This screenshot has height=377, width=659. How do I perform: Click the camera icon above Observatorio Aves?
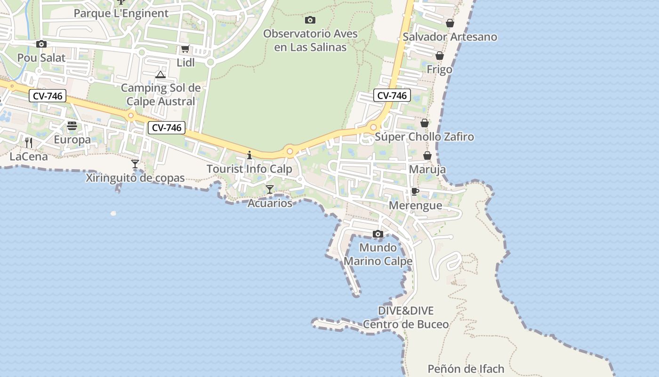point(310,20)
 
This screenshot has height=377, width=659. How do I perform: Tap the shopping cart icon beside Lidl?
point(185,49)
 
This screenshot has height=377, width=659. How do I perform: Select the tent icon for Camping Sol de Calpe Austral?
point(161,74)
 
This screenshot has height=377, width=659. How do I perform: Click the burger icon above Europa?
point(72,126)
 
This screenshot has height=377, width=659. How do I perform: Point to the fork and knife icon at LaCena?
point(29,142)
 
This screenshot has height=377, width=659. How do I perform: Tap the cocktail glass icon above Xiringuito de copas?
point(135,164)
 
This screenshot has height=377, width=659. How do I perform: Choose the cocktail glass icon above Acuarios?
point(270,189)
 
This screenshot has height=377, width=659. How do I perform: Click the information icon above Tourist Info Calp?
point(249,155)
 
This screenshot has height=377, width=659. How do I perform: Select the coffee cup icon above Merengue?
point(415,191)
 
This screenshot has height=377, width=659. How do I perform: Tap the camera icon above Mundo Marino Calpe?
point(378,234)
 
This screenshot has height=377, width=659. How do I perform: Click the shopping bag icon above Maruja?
point(427,156)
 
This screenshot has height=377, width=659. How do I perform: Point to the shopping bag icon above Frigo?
point(440,56)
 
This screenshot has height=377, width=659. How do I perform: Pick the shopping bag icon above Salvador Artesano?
point(450,23)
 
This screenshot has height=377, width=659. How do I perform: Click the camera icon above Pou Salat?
point(41,44)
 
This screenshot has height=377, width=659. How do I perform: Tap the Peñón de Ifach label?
point(466,369)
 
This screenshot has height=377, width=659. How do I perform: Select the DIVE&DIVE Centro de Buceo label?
point(406,318)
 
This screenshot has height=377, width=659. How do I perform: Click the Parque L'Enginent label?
point(121,13)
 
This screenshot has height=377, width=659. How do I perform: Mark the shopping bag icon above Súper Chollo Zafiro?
point(425,123)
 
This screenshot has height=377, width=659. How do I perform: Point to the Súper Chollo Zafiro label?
point(424,137)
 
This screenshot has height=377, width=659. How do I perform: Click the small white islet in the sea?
point(113,213)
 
